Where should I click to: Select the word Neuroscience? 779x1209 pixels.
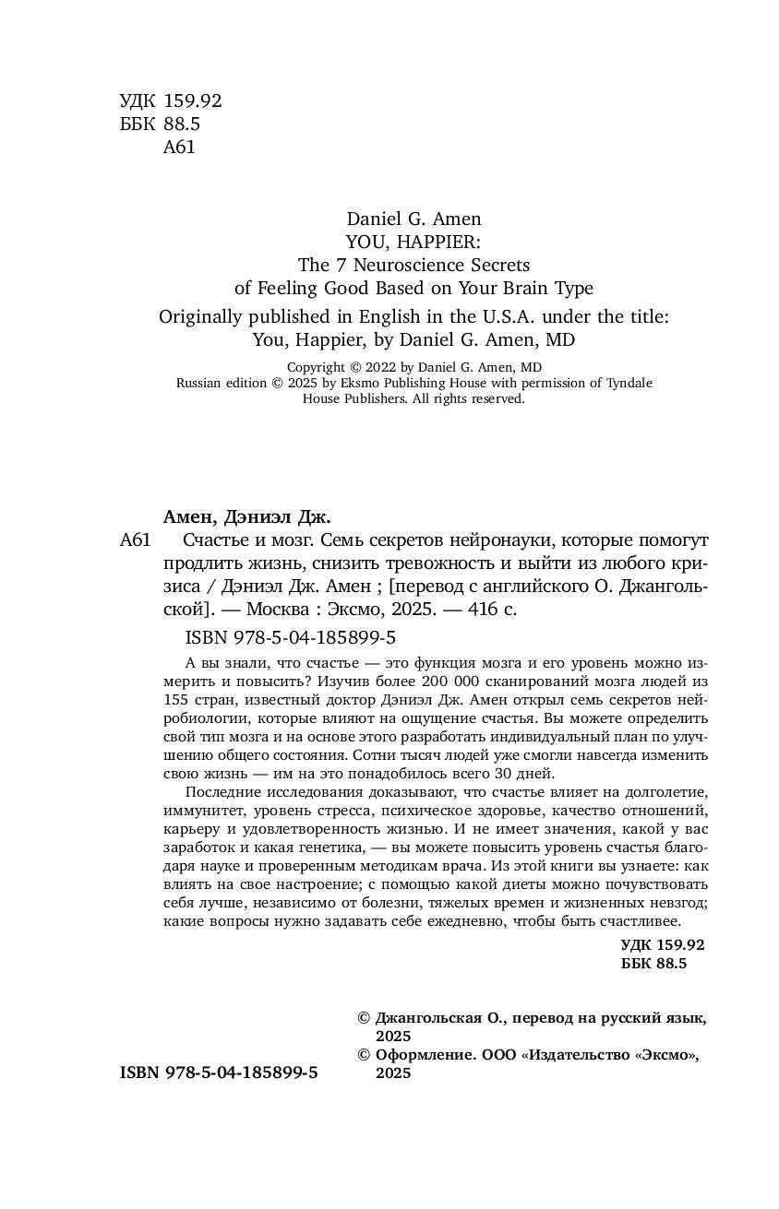pos(410,266)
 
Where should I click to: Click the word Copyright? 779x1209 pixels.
pos(291,366)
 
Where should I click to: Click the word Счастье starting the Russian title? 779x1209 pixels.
pos(219,540)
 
